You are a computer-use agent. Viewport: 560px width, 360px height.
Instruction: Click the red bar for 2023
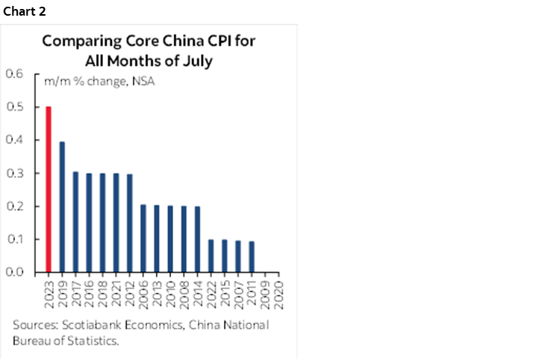click(x=49, y=190)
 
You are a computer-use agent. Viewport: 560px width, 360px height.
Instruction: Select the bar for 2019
click(x=62, y=207)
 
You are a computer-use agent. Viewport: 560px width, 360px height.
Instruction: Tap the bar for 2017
click(x=75, y=222)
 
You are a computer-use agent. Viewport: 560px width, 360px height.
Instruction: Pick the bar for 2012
click(x=130, y=223)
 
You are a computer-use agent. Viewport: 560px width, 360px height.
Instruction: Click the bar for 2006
click(x=143, y=238)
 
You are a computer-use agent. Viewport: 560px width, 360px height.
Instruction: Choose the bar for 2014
click(x=198, y=239)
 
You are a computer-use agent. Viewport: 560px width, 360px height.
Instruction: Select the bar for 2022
click(x=211, y=255)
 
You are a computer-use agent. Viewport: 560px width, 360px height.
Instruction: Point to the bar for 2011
click(x=252, y=256)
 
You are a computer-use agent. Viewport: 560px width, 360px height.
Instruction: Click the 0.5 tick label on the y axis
click(x=15, y=108)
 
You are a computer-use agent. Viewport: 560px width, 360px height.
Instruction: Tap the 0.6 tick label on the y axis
click(x=15, y=74)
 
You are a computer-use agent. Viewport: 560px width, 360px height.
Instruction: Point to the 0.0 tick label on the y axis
click(x=15, y=273)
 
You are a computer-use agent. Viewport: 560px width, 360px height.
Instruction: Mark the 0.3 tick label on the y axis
click(x=15, y=173)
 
